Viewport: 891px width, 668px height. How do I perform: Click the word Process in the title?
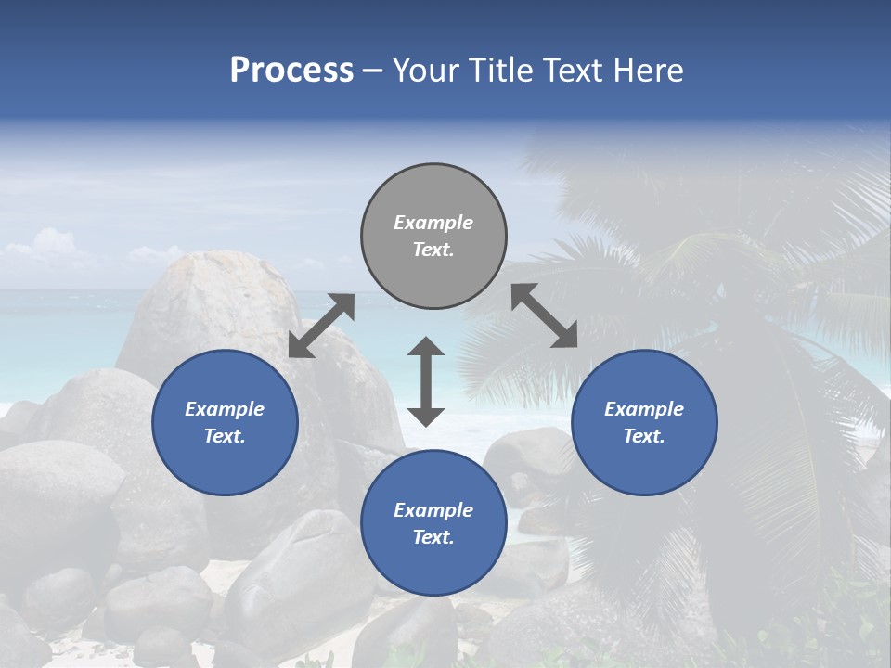pos(291,71)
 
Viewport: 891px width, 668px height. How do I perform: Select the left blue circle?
pos(225,422)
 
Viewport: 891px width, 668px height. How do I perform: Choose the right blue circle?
pos(644,422)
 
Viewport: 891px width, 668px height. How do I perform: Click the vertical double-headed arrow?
pos(426,381)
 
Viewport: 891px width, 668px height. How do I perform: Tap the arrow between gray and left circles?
pos(321,326)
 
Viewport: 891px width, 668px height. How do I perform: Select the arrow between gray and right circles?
pos(545,315)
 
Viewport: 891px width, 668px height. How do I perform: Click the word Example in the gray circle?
pos(433,223)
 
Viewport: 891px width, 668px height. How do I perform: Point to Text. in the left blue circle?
pos(225,436)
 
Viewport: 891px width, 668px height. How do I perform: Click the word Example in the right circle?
pos(644,409)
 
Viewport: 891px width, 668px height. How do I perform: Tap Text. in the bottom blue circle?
pos(433,537)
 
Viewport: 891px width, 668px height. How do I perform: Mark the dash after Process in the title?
pos(373,71)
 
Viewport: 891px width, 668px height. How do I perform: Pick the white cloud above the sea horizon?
pos(42,246)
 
